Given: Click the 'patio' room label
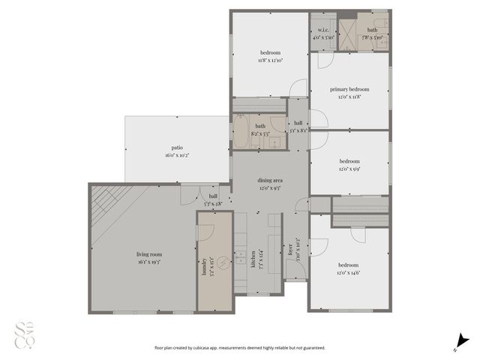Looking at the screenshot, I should click(177, 148).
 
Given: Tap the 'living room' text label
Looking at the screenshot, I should click(148, 254).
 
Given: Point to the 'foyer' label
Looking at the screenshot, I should click(290, 250).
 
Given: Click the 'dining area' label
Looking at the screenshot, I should click(270, 181).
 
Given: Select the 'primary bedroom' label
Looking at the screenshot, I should click(349, 89).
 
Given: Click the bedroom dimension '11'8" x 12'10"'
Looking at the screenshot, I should click(270, 59).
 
